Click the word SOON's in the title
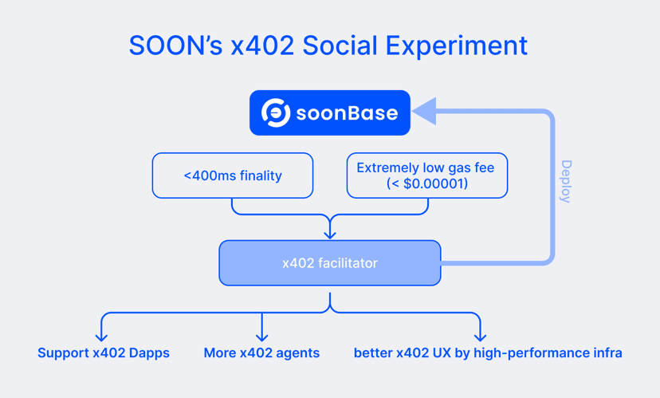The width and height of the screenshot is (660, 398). pyautogui.click(x=175, y=45)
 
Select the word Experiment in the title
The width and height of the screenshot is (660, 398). pyautogui.click(x=456, y=46)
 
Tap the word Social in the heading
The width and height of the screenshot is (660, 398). pyautogui.click(x=340, y=45)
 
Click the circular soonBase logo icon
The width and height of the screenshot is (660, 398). pyautogui.click(x=276, y=113)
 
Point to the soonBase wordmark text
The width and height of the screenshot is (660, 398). pyautogui.click(x=347, y=113)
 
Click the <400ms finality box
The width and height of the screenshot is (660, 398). pyautogui.click(x=233, y=175)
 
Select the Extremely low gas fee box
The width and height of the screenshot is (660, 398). pyautogui.click(x=426, y=175)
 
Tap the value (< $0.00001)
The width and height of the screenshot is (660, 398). pyautogui.click(x=426, y=183)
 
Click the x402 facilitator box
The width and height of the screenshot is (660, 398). pyautogui.click(x=330, y=262)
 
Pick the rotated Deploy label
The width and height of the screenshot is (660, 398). pyautogui.click(x=566, y=181)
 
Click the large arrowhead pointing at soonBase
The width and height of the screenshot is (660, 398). pyautogui.click(x=424, y=111)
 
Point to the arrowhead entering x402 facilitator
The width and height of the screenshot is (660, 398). pyautogui.click(x=330, y=234)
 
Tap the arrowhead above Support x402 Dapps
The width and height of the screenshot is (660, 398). pyautogui.click(x=101, y=336)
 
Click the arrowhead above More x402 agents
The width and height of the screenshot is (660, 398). pyautogui.click(x=261, y=336)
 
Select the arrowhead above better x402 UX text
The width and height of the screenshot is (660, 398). pyautogui.click(x=481, y=336)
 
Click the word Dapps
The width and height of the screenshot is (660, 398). pyautogui.click(x=149, y=353)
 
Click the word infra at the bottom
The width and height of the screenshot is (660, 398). pyautogui.click(x=608, y=353)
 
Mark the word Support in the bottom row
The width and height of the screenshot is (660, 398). pyautogui.click(x=63, y=353)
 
